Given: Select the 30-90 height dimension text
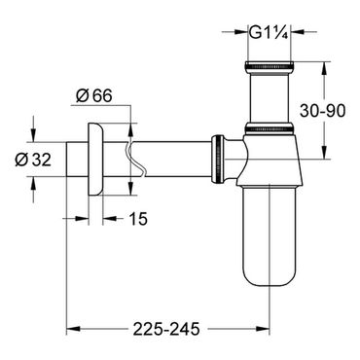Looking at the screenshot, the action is point(322,111).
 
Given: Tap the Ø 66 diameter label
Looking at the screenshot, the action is point(93,95).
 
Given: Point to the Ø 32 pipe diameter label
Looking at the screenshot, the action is point(33,160).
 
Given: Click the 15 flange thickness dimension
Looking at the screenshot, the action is point(138,219).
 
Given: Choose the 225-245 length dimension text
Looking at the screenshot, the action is point(166,330).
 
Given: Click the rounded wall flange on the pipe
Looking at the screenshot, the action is point(95,160).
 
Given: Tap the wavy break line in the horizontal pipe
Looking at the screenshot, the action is point(134,159).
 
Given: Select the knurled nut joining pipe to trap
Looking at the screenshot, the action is point(218,159).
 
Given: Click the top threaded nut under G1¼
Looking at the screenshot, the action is point(269,65).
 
